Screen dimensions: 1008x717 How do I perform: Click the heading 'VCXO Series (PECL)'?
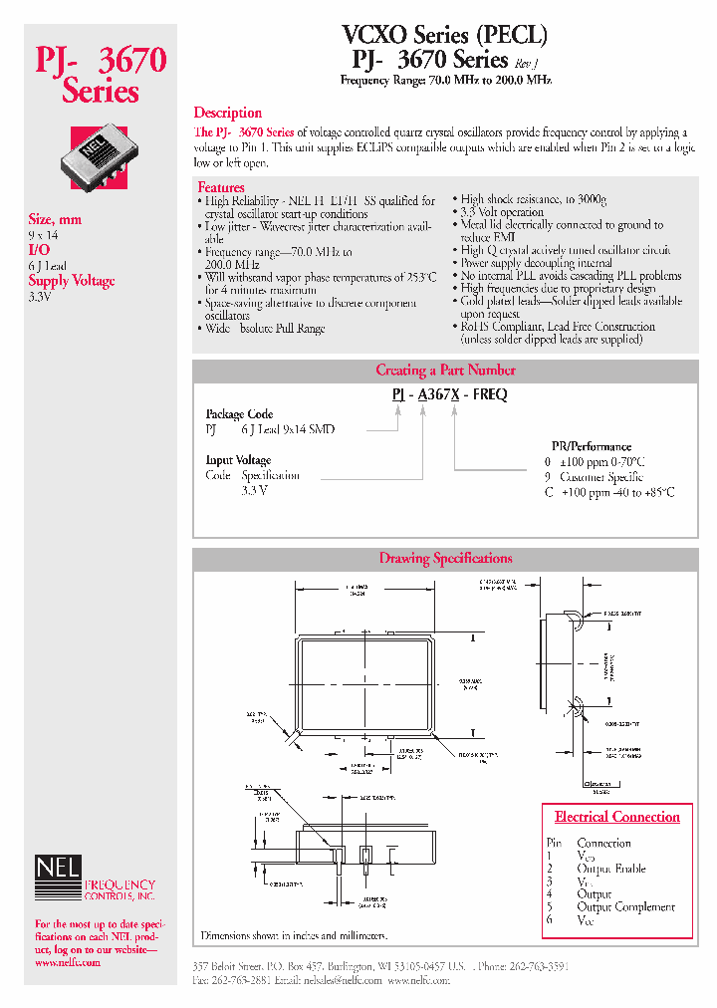pos(445,35)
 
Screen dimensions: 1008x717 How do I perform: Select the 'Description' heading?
pos(227,113)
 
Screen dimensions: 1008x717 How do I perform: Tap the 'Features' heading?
pos(220,187)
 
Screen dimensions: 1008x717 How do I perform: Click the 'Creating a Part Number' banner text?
pos(445,370)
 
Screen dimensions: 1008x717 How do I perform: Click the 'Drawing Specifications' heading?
pos(445,559)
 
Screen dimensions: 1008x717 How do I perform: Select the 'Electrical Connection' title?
pos(616,817)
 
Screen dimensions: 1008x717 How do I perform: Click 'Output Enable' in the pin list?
pos(610,869)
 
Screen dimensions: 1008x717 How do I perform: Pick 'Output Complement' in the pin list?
pos(625,907)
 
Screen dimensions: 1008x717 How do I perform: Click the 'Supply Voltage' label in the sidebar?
pos(72,281)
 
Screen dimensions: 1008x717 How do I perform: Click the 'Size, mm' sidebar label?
pos(55,219)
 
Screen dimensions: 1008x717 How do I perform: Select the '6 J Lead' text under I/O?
pos(48,265)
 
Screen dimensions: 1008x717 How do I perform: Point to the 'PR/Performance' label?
pos(592,447)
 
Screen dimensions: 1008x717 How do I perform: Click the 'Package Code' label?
pos(239,414)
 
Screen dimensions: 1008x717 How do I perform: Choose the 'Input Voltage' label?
pos(238,460)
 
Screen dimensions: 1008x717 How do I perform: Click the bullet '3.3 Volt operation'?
pos(502,212)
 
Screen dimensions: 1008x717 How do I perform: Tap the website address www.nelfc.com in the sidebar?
pos(68,963)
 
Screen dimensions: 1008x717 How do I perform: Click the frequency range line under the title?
pos(445,80)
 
